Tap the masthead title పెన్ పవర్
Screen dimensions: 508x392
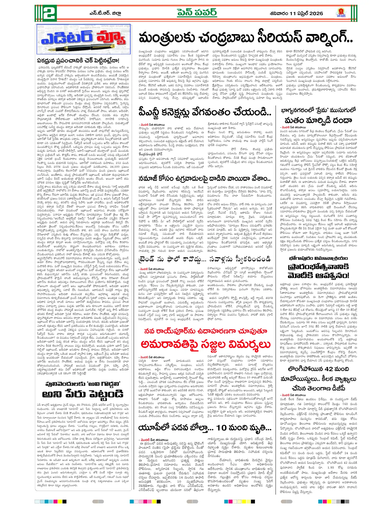click(197, 13)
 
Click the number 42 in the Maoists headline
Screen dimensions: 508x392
click(329, 369)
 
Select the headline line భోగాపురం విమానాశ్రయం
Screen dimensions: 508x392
click(318, 258)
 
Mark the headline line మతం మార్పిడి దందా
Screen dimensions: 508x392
click(318, 120)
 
